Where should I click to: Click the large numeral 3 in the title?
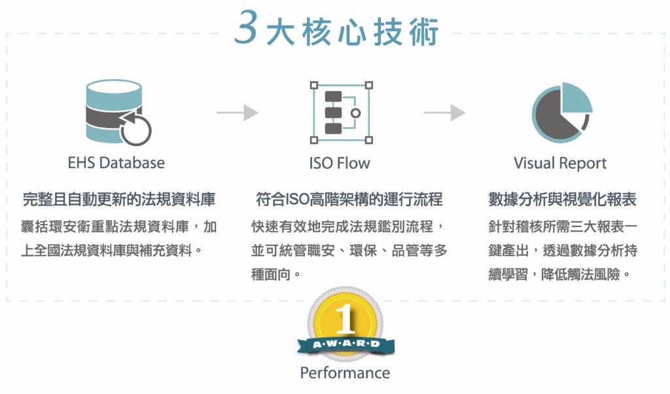coord(245,30)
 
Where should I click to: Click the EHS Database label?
coord(116,162)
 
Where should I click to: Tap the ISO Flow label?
coord(340,162)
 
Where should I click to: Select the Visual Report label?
coord(560,163)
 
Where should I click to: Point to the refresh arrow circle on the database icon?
coord(135,129)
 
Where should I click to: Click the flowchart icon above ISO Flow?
coord(341,113)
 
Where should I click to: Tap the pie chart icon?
coord(560,112)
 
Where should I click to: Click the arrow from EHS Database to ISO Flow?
coord(238,113)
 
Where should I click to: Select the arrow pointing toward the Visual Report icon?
coord(444,113)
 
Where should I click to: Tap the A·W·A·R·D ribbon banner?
coord(345,344)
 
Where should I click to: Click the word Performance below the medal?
coord(345,373)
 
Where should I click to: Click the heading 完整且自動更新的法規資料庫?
coord(119,199)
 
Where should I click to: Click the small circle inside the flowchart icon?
coord(355,113)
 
